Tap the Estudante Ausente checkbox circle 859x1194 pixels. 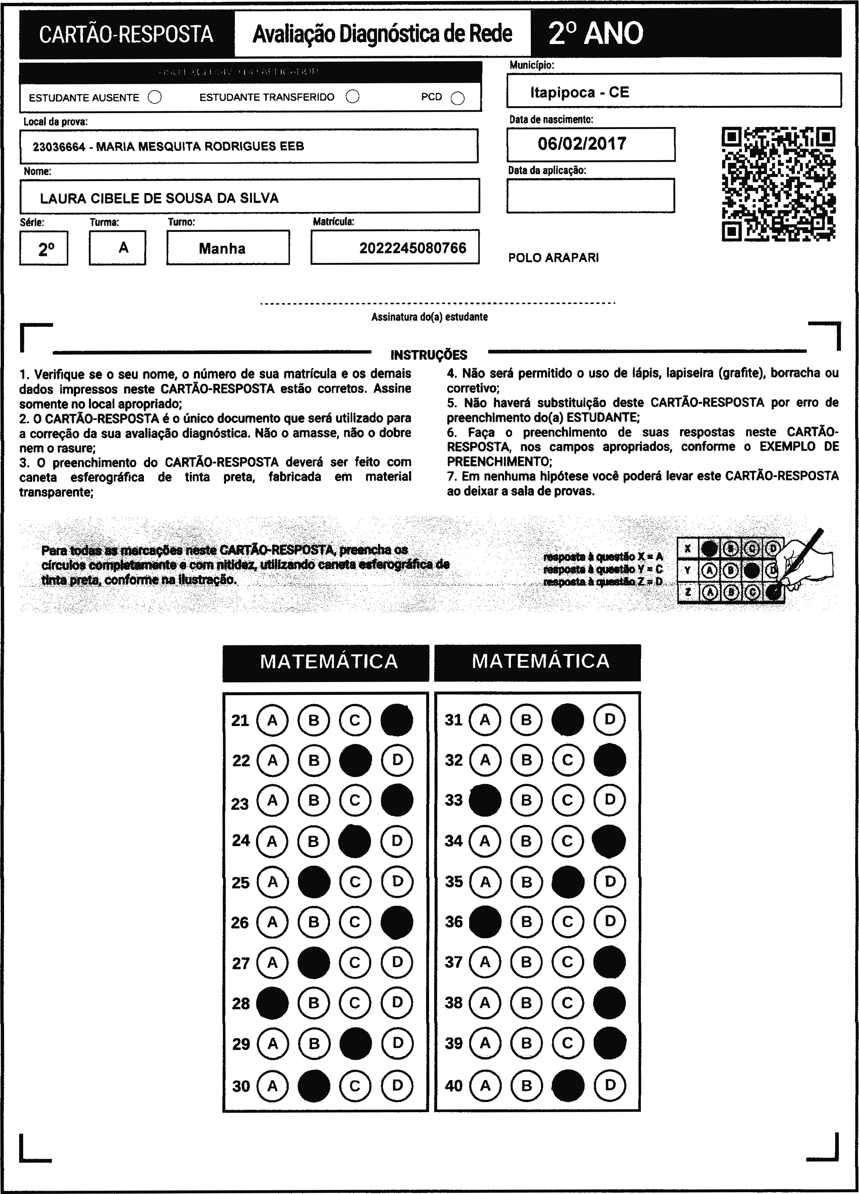click(x=155, y=97)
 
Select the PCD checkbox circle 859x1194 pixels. click(x=458, y=98)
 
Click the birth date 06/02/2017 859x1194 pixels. click(x=582, y=144)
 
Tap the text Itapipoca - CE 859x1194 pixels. click(x=580, y=93)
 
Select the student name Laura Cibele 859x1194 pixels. click(x=159, y=198)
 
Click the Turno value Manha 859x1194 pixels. click(x=222, y=249)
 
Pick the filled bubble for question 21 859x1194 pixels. click(x=397, y=719)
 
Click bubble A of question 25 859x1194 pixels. click(x=272, y=882)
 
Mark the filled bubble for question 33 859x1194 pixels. click(x=485, y=800)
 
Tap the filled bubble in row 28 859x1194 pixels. click(x=272, y=1003)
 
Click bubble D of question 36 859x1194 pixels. click(x=609, y=922)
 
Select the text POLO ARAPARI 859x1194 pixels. click(x=553, y=258)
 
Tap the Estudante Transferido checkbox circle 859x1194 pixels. click(x=353, y=97)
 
